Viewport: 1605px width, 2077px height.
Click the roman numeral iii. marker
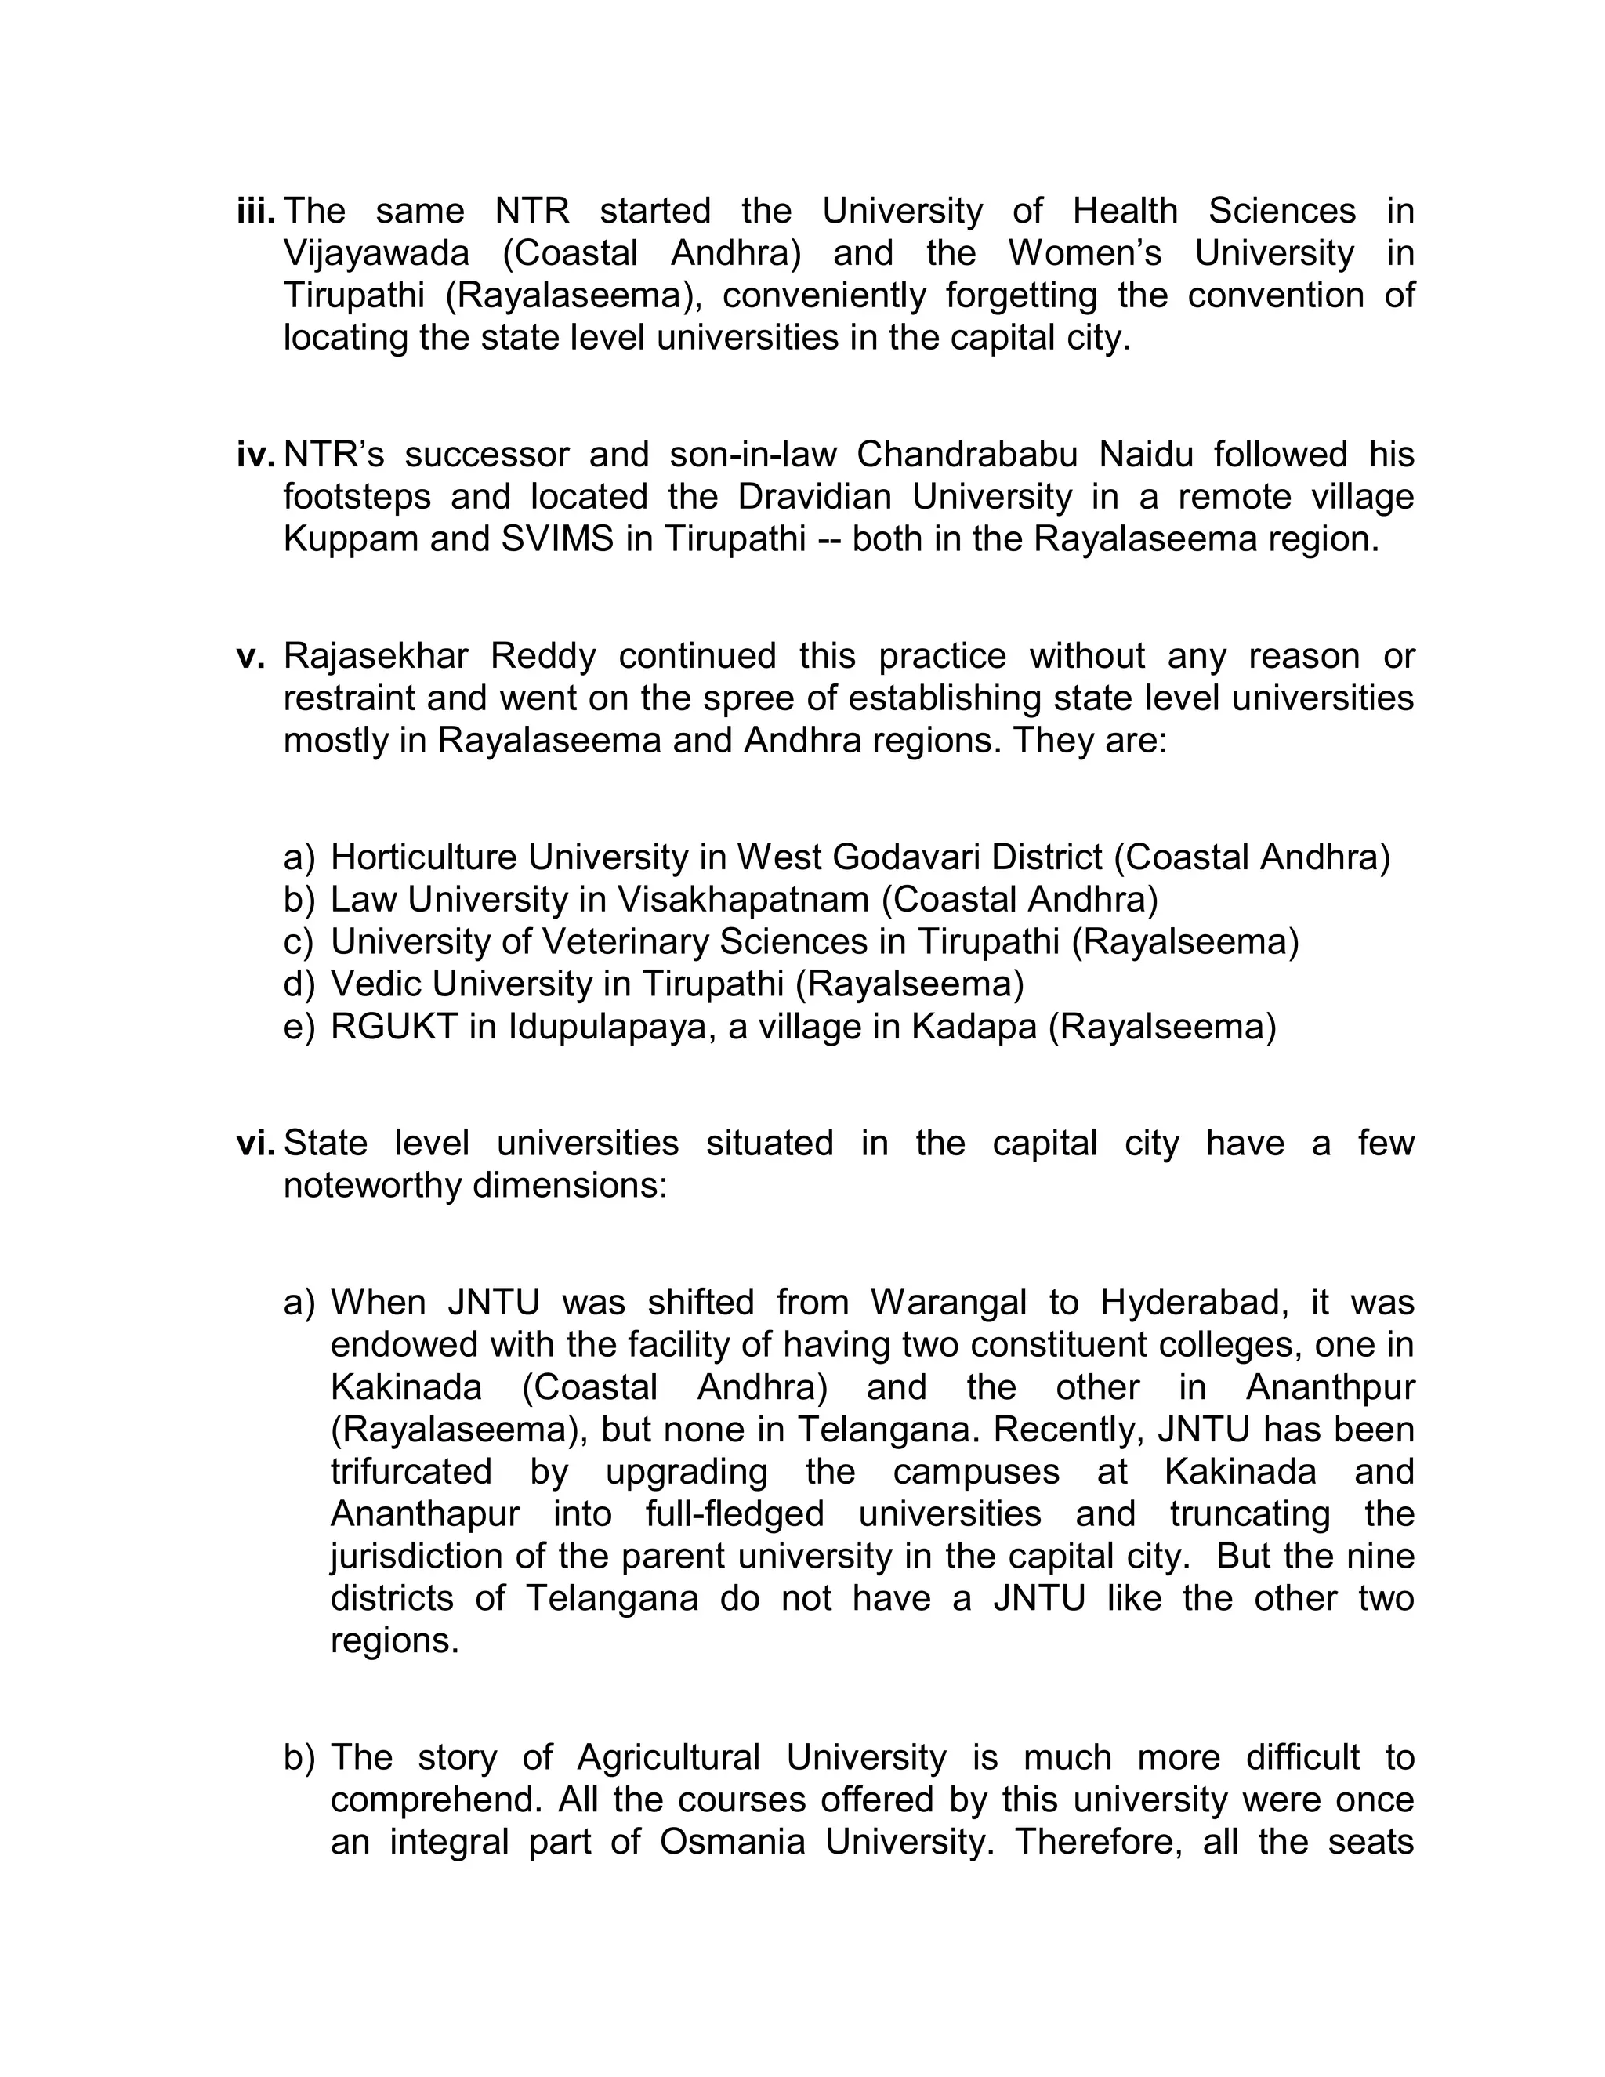[255, 211]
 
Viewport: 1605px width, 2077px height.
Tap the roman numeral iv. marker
[255, 455]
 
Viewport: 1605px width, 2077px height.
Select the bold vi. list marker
[255, 1143]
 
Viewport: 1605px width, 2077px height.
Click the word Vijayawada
[375, 254]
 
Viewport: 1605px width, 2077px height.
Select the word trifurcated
[411, 1472]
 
